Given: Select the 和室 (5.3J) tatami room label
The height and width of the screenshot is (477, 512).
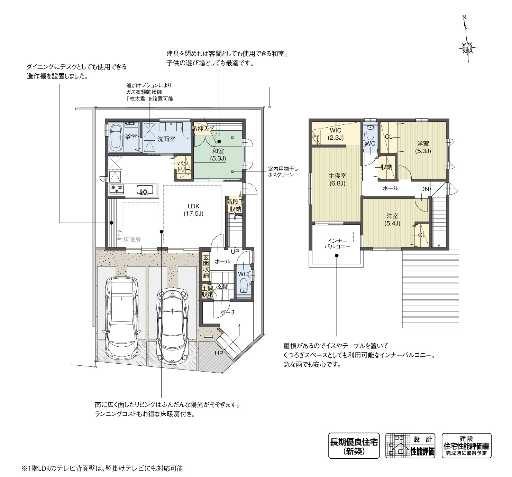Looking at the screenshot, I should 218,155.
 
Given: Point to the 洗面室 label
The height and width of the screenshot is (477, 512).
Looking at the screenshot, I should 166,139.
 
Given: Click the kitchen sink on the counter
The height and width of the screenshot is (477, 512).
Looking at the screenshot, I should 145,190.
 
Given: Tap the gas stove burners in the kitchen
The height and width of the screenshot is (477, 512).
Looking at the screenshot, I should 116,189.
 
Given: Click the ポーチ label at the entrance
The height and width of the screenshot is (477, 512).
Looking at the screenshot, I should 228,312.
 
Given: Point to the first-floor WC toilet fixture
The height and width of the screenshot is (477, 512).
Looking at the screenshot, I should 244,285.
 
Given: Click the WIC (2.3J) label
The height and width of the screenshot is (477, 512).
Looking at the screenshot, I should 335,134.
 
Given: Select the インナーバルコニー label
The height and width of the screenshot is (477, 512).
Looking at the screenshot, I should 337,244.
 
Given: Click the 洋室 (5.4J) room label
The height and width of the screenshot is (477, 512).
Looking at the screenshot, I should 392,219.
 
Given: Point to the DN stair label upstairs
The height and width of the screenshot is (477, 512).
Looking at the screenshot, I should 424,189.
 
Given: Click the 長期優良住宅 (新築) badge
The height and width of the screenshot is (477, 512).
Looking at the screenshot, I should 354,446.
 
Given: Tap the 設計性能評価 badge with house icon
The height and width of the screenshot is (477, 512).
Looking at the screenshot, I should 410,446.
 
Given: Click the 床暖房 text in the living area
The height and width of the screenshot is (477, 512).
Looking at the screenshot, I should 132,239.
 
